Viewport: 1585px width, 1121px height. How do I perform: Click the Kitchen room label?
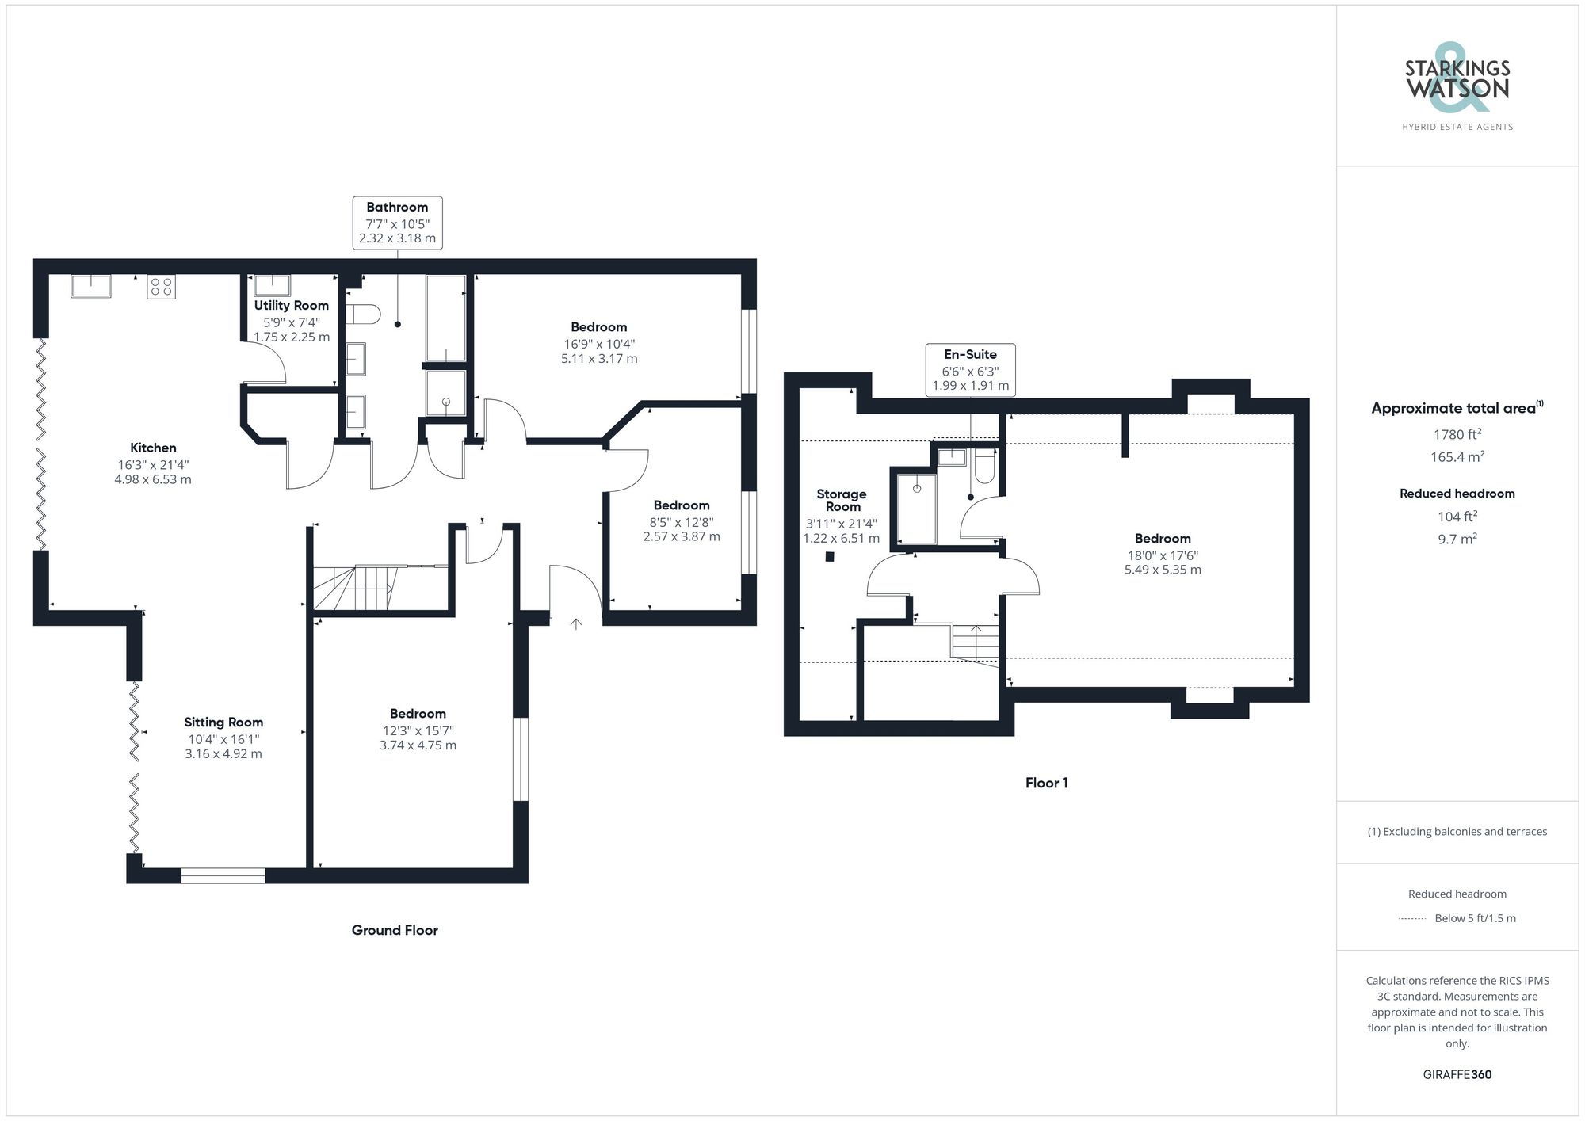click(153, 448)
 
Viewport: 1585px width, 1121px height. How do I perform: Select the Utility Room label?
click(291, 306)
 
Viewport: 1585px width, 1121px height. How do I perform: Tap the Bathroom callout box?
click(397, 223)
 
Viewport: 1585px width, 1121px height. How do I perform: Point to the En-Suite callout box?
click(970, 370)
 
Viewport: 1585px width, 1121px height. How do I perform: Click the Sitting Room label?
click(223, 723)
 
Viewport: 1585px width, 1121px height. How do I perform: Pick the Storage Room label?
click(842, 500)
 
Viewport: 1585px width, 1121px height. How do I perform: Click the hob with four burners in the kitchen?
click(161, 287)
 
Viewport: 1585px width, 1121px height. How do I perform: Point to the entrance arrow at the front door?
click(576, 624)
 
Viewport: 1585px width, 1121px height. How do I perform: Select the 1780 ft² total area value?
click(1457, 434)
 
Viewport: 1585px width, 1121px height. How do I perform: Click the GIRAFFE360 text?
click(1457, 1074)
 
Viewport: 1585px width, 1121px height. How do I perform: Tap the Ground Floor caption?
click(395, 930)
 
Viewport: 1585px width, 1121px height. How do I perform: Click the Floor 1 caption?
click(1046, 783)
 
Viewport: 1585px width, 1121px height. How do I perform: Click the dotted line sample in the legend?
click(1412, 919)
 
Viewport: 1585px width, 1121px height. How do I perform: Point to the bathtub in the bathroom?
click(445, 318)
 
